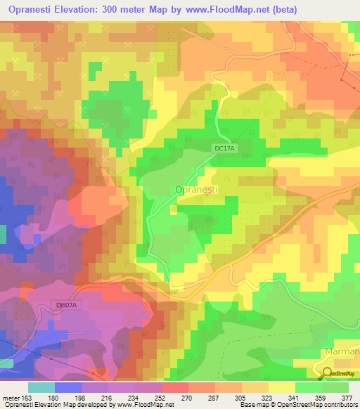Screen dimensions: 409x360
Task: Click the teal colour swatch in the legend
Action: [x=41, y=387]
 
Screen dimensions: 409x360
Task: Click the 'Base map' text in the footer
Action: [x=254, y=405]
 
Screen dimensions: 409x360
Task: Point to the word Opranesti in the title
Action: [x=30, y=10]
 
